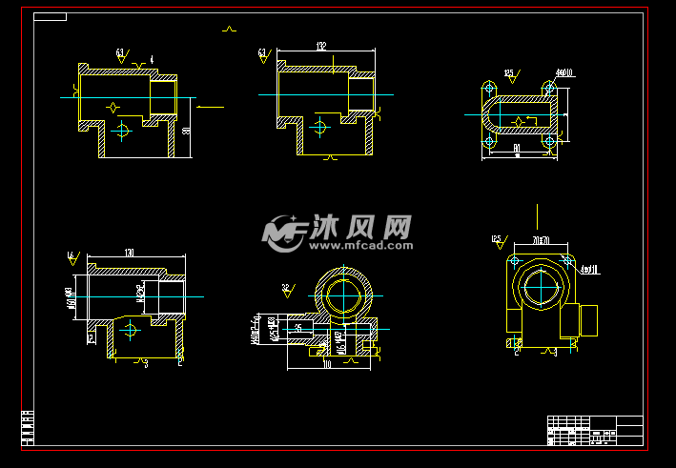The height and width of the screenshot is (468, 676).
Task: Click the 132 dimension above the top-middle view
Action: point(321,46)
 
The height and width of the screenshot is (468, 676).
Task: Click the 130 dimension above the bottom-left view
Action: point(129,253)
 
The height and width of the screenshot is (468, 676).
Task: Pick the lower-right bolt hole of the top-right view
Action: point(550,142)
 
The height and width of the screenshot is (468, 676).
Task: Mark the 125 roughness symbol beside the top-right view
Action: point(509,73)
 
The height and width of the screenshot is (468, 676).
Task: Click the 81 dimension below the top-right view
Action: point(516,148)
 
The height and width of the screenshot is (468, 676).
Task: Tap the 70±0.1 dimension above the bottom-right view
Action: point(541,238)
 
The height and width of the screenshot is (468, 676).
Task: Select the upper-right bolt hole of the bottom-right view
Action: point(569,259)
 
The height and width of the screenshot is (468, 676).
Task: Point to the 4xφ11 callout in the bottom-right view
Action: point(589,270)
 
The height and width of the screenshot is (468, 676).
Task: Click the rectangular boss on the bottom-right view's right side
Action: point(588,319)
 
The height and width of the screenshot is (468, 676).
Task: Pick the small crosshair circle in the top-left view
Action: point(121,131)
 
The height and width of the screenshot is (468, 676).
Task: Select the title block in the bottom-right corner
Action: point(595,431)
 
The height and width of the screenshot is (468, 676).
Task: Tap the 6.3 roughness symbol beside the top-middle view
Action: point(263,54)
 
